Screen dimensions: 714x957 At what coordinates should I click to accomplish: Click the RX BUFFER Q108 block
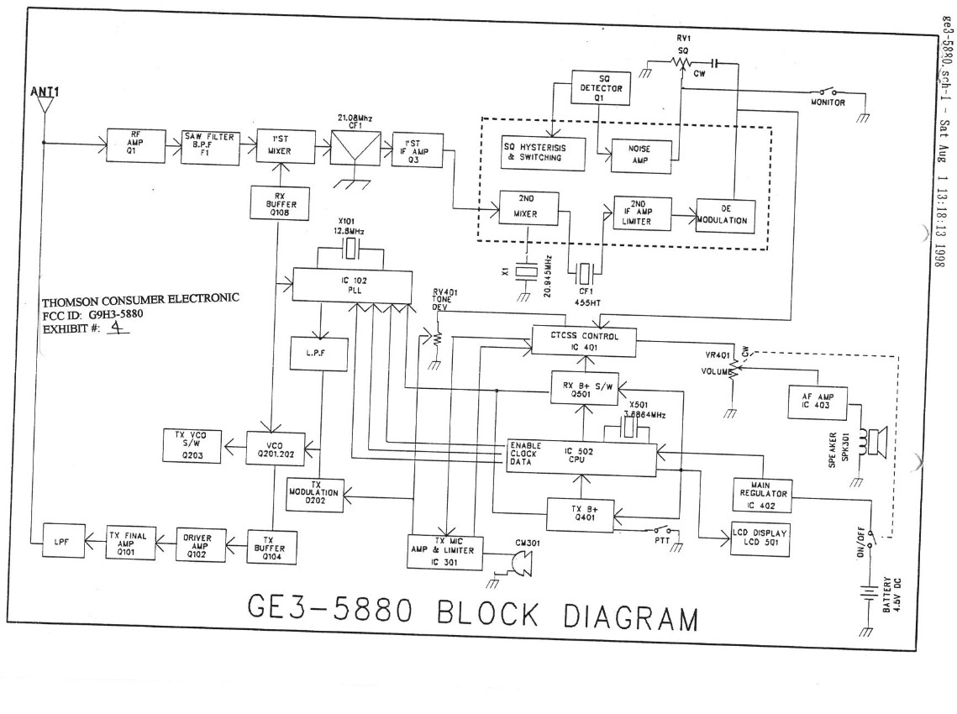[x=275, y=202]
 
